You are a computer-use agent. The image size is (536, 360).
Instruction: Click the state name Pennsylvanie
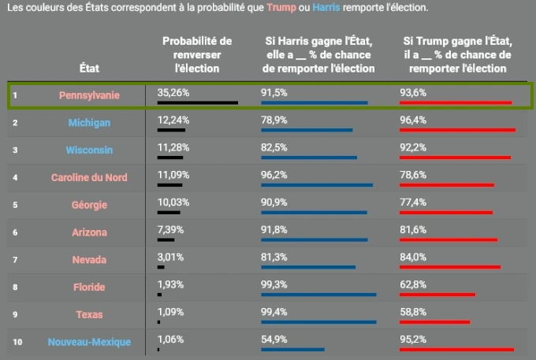point(89,95)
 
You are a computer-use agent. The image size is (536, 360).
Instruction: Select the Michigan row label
point(89,123)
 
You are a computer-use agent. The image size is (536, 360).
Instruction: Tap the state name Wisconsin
point(89,150)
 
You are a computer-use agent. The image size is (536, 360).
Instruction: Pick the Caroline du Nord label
point(89,177)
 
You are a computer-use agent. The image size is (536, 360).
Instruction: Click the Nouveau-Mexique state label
point(89,342)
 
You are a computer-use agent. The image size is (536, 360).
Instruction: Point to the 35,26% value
point(174,92)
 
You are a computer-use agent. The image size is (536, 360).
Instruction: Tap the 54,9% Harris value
point(274,339)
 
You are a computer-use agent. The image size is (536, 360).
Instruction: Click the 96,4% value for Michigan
point(413,120)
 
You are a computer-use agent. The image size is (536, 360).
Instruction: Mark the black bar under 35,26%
point(197,102)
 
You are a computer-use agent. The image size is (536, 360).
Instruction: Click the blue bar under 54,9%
point(292,349)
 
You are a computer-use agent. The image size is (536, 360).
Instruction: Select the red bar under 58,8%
point(434,321)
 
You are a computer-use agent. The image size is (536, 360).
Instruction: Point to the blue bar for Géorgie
point(314,212)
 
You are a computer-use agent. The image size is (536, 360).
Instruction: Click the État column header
point(89,68)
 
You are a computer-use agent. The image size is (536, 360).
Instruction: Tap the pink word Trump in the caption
point(282,8)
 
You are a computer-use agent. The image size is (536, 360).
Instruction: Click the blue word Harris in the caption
point(327,8)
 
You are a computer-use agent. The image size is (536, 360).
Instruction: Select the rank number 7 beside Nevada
point(15,260)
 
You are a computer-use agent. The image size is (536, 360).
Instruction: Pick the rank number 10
point(17,342)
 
